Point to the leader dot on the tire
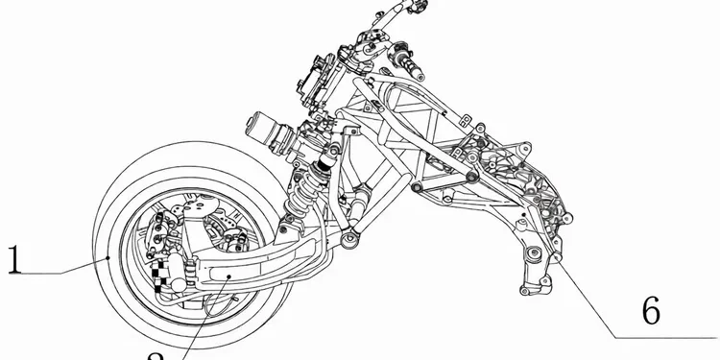coord(110,259)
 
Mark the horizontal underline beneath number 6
coord(667,337)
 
